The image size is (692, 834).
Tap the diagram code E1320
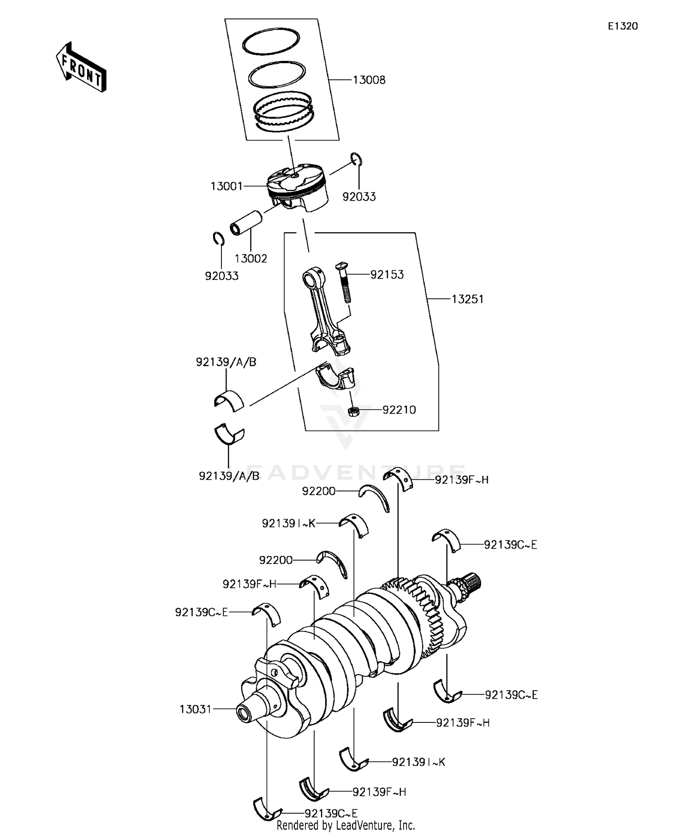click(x=622, y=26)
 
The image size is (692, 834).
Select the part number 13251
click(x=467, y=299)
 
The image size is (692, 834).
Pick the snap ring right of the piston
click(x=356, y=159)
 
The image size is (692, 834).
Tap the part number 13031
click(x=195, y=709)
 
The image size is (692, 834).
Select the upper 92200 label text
click(x=319, y=491)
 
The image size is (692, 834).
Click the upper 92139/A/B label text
click(x=226, y=362)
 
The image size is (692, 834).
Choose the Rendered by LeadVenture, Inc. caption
click(x=346, y=825)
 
